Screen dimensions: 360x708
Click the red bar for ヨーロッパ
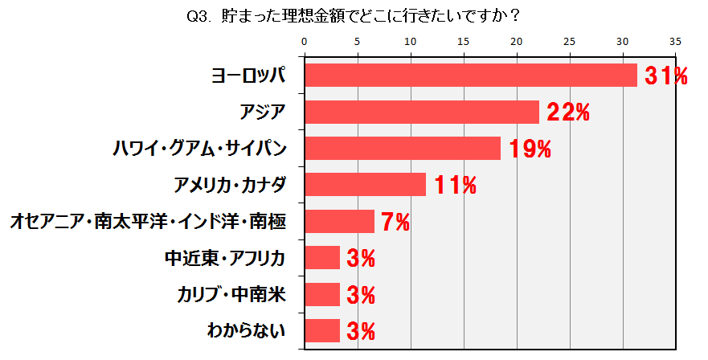click(x=470, y=75)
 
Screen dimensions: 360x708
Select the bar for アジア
click(x=422, y=112)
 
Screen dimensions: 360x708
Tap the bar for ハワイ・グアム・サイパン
click(x=403, y=149)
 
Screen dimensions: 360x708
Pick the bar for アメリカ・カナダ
click(x=366, y=185)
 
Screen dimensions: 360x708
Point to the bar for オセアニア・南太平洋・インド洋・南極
click(x=340, y=221)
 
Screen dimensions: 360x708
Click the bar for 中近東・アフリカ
click(x=322, y=257)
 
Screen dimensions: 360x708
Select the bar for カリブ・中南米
click(x=322, y=294)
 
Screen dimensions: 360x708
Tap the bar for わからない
click(x=322, y=330)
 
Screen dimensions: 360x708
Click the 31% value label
click(x=667, y=76)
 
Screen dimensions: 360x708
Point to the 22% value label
click(x=568, y=112)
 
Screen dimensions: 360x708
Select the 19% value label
click(x=530, y=149)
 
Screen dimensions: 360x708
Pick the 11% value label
click(x=455, y=186)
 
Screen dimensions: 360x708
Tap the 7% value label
click(x=395, y=222)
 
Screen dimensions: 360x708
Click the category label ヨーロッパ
click(x=248, y=76)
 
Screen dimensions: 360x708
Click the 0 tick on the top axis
click(x=305, y=41)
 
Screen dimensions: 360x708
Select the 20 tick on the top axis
click(x=516, y=41)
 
